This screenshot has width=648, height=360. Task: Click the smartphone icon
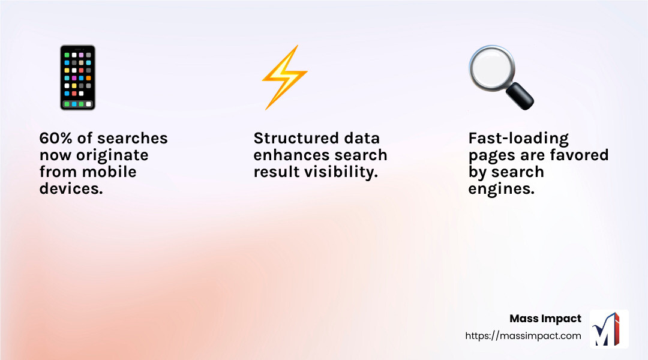point(77,78)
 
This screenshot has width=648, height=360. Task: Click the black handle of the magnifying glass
point(520,97)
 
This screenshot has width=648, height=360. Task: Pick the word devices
point(71,188)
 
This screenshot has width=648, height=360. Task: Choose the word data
point(359,138)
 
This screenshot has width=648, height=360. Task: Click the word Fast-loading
point(518,139)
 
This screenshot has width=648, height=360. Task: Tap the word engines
point(501,189)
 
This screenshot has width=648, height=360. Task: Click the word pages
point(493,156)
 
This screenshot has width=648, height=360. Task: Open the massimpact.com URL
point(523,336)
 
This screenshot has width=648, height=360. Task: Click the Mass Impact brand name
point(545,319)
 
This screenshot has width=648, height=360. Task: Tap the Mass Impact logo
point(609,329)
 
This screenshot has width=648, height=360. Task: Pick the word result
point(277,172)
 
